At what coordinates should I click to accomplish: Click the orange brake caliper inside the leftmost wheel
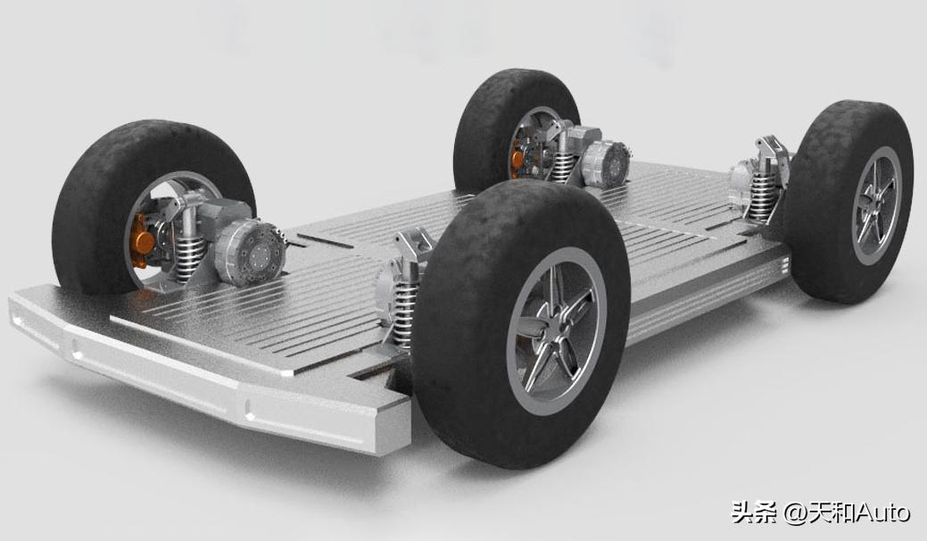tap(142, 240)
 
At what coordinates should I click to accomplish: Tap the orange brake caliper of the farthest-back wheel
tap(517, 158)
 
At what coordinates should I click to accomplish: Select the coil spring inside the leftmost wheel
tap(188, 259)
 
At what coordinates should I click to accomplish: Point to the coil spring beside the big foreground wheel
tap(404, 312)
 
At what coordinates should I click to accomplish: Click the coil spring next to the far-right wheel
tap(763, 196)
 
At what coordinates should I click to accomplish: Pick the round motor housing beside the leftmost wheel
tap(251, 253)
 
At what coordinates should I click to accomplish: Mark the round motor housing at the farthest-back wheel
tap(606, 163)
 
